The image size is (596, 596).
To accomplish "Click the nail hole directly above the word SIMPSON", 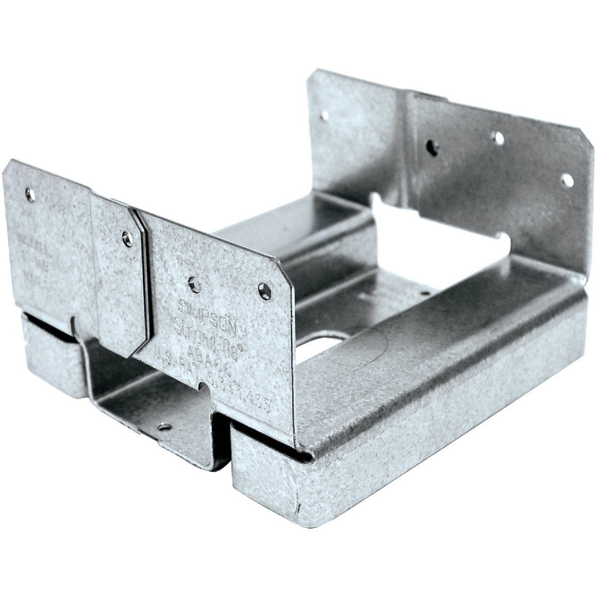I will [x=194, y=285].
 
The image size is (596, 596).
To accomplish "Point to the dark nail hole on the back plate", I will [x=433, y=146].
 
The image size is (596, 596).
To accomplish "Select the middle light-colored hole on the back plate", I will [x=497, y=136].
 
